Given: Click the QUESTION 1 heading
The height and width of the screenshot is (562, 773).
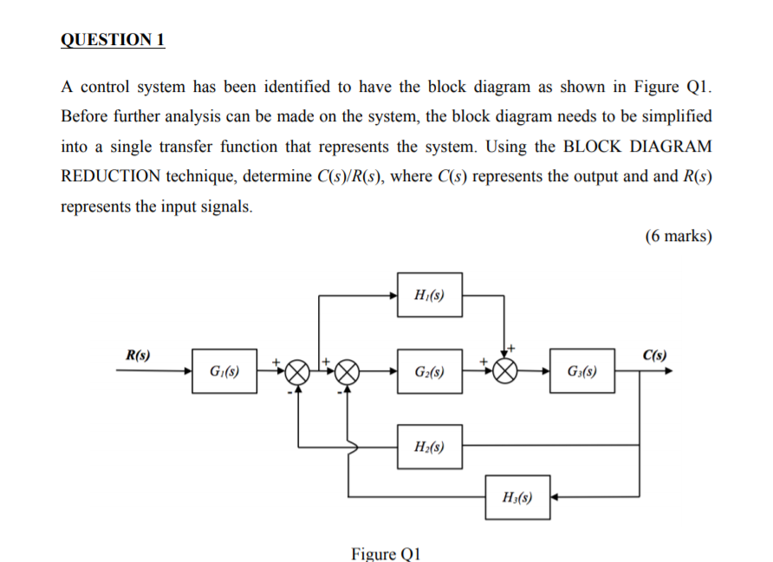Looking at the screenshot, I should click(113, 41).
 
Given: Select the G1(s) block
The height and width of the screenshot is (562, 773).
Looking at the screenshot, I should click(224, 371).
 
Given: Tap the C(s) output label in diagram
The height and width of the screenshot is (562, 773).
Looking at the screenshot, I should click(654, 356).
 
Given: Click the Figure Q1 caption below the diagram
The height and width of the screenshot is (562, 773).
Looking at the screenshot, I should click(386, 552).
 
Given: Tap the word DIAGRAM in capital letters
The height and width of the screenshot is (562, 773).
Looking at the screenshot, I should click(668, 147).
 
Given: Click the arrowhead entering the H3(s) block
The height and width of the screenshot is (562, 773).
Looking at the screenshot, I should click(556, 498).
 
